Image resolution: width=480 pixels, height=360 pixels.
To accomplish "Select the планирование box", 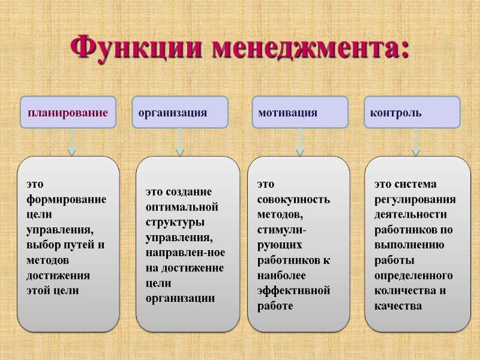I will click(68, 113).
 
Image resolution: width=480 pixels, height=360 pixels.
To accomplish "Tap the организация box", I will click(179, 113).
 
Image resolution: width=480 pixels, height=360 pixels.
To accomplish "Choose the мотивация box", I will click(299, 113).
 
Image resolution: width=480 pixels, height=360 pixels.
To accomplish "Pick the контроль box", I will click(412, 113).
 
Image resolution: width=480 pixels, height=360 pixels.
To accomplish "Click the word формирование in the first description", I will click(66, 199).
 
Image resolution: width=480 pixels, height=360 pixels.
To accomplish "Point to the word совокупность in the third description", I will click(294, 199).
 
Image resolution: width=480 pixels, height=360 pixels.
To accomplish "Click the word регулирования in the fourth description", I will click(415, 199).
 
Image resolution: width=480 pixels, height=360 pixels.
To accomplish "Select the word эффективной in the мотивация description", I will click(294, 290).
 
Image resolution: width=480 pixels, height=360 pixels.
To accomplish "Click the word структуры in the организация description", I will click(175, 222).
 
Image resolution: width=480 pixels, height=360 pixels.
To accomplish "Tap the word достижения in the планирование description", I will click(58, 275).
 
